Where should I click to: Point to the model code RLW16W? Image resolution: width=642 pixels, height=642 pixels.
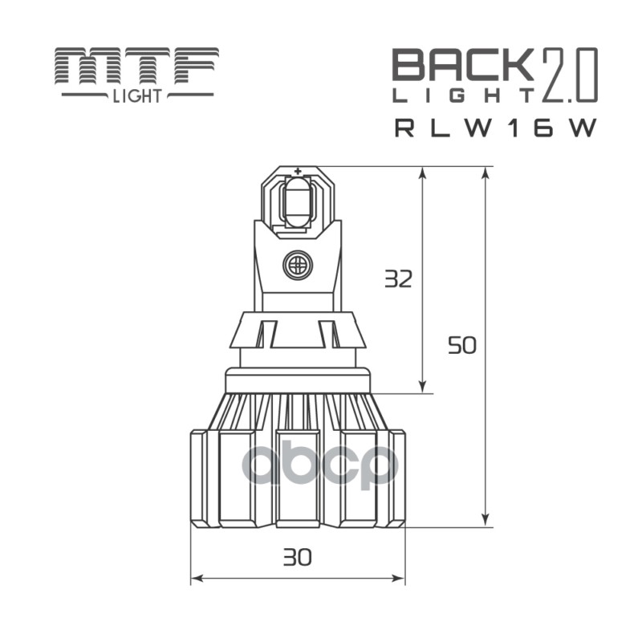click(x=495, y=128)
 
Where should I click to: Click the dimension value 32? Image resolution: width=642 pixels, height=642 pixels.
click(x=398, y=278)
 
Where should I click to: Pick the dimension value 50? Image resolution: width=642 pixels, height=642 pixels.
click(x=462, y=346)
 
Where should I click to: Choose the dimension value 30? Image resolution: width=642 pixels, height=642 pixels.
click(x=297, y=556)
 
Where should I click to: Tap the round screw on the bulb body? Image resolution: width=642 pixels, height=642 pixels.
click(x=297, y=265)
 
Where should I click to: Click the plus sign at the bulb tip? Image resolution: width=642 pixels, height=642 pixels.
click(x=298, y=171)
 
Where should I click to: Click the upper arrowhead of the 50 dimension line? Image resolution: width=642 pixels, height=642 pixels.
click(x=486, y=173)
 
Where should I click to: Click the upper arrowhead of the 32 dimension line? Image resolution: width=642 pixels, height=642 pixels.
click(x=423, y=173)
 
